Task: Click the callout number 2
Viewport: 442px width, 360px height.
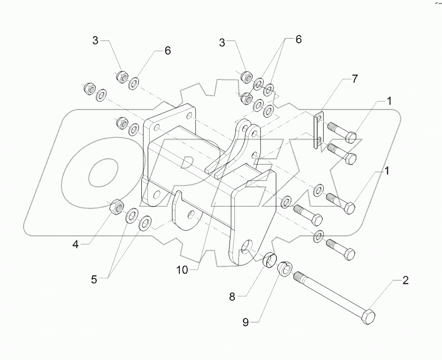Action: point(405,280)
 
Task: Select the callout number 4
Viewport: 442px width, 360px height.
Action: point(76,244)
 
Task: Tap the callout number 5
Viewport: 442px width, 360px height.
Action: point(94,280)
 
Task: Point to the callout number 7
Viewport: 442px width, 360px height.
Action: point(355,78)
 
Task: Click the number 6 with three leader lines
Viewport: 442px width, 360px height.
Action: point(299,40)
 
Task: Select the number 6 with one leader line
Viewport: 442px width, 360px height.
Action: point(167,50)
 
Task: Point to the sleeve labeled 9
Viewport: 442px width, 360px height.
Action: point(284,269)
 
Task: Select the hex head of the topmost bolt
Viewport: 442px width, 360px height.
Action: point(352,137)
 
